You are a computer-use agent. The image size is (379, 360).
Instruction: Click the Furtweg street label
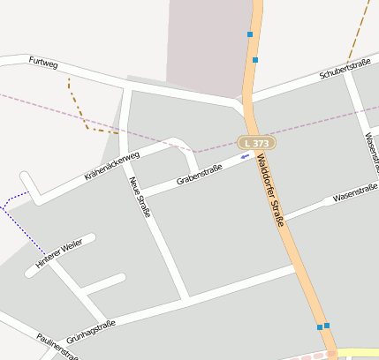click(42, 63)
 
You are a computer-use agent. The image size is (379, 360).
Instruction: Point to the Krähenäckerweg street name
click(112, 165)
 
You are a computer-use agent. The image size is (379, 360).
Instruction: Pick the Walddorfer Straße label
click(270, 191)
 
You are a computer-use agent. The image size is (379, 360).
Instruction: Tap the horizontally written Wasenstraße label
click(355, 193)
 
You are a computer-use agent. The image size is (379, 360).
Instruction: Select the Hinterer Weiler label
click(59, 253)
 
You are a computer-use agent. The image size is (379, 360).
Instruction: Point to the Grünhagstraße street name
click(91, 330)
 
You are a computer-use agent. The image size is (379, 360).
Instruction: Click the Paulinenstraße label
click(58, 348)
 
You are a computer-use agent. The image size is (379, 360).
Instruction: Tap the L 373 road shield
click(256, 142)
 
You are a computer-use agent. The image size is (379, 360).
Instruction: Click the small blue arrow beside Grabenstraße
click(245, 156)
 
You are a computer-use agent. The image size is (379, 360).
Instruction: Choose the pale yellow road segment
click(358, 352)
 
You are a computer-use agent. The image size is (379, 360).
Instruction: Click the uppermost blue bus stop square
click(250, 34)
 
